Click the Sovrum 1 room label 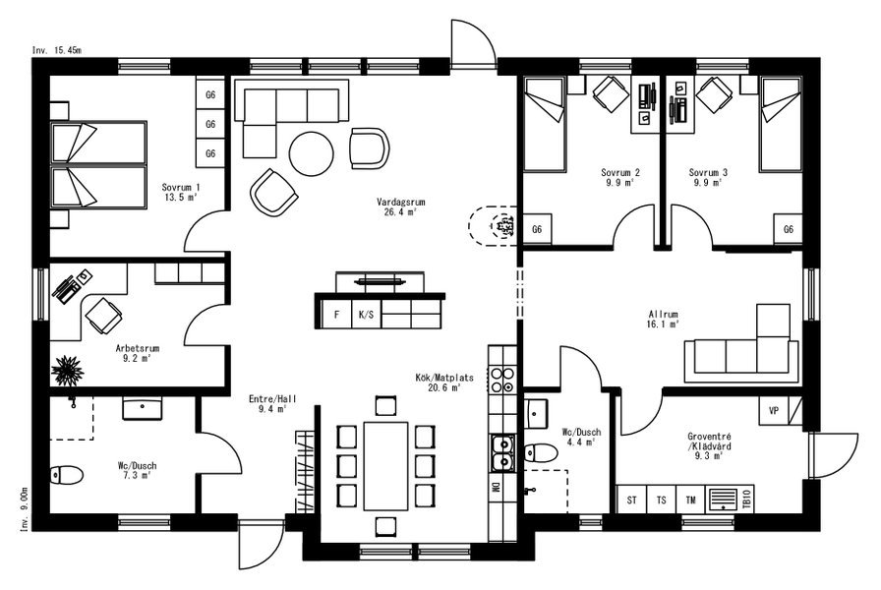[180, 187]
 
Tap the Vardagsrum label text [400, 202]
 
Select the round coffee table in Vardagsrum [312, 153]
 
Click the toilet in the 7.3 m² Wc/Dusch [66, 475]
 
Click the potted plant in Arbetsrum [67, 370]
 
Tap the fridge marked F [336, 314]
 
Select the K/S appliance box [366, 314]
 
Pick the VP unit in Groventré [774, 411]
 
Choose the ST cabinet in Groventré [632, 500]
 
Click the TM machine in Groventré [690, 500]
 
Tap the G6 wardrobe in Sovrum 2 [537, 229]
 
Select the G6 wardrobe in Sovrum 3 [789, 229]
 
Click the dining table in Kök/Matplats [386, 466]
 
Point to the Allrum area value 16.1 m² [664, 324]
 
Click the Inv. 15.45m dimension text [57, 50]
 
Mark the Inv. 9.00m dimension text [25, 509]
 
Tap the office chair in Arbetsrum [103, 315]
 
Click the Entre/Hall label [272, 399]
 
